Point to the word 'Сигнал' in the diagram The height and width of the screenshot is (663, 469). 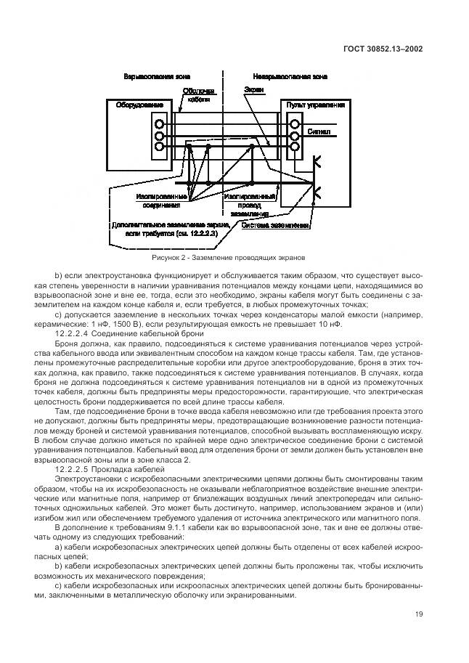[x=320, y=133]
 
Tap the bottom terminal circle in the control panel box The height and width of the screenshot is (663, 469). [x=294, y=147]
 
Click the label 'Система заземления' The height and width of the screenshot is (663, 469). [x=284, y=225]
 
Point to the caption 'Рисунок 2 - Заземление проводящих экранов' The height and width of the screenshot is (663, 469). [x=229, y=257]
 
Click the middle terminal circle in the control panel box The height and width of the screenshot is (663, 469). [x=294, y=135]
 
